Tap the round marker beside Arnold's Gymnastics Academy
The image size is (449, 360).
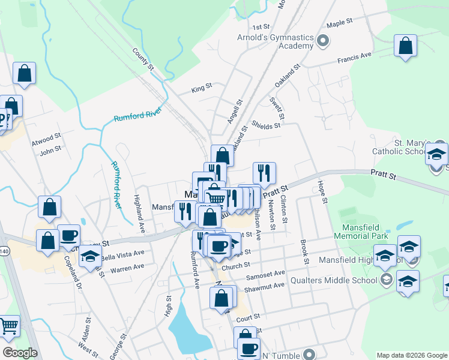(323, 41)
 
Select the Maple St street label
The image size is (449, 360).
(339, 25)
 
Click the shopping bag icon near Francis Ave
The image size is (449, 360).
(406, 46)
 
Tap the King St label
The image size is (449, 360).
(202, 88)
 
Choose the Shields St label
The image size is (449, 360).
(266, 125)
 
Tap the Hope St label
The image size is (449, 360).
(322, 192)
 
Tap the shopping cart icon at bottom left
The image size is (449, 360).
(9, 327)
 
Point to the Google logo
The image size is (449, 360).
(20, 353)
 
